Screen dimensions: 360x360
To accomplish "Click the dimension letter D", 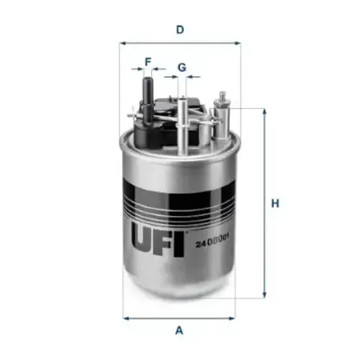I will pyautogui.click(x=180, y=30).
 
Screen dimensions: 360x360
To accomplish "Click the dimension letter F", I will pyautogui.click(x=148, y=62).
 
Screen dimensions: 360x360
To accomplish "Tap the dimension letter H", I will pyautogui.click(x=274, y=204).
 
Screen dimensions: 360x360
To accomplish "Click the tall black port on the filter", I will pyautogui.click(x=148, y=101).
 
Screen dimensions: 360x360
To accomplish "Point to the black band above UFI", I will pyautogui.click(x=180, y=202).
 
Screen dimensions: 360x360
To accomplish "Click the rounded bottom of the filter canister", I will pyautogui.click(x=180, y=284).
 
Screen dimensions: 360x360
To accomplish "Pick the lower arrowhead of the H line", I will pyautogui.click(x=264, y=294).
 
